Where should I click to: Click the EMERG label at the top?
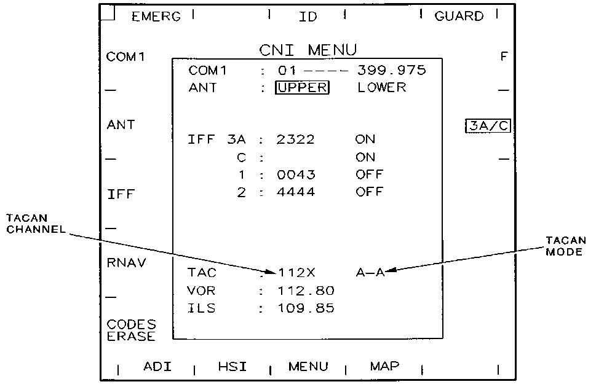156,17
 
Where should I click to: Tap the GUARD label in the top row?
459,17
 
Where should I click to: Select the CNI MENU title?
308,50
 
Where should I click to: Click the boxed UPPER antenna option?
302,88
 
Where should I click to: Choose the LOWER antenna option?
382,88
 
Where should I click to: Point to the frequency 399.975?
392,71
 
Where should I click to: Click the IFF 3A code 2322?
296,140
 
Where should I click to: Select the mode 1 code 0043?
296,174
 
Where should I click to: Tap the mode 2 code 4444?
296,192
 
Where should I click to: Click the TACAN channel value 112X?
298,273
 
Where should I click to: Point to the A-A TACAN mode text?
370,273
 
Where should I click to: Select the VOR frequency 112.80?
306,291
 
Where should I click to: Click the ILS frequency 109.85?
306,308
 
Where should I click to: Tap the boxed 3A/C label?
488,127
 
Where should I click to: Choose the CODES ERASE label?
131,330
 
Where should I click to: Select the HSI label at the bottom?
232,367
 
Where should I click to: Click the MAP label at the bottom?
384,366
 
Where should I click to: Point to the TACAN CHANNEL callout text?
36,224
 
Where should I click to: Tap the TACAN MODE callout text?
565,246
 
